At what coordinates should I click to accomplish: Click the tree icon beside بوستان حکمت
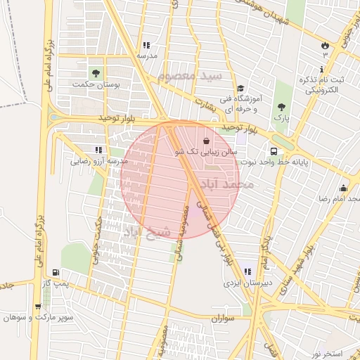(95, 72)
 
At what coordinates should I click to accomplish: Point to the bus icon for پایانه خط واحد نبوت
(273, 150)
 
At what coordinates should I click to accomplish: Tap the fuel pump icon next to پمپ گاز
(56, 272)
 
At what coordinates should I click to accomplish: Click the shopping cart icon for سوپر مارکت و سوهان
(37, 307)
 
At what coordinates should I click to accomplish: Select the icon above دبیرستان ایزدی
(246, 272)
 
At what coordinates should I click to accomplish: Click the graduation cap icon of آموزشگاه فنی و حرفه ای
(241, 89)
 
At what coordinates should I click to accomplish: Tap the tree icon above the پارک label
(282, 108)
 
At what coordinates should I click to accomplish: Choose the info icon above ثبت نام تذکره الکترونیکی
(322, 70)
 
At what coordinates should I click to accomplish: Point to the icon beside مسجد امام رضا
(343, 188)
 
